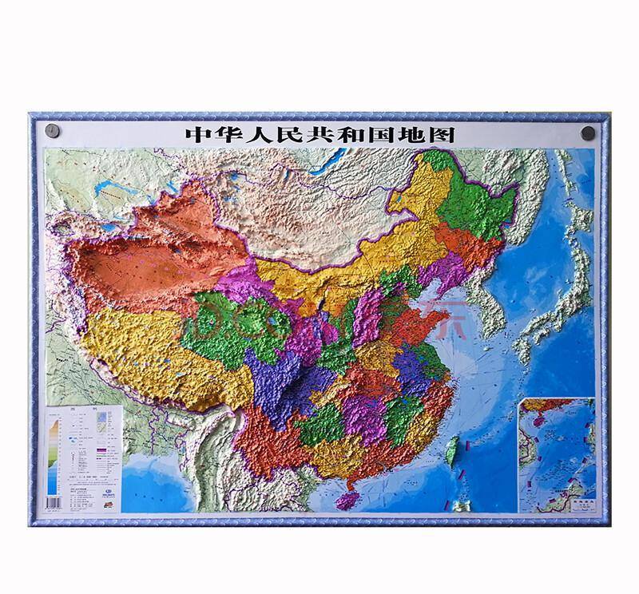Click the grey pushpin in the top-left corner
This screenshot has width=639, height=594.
coord(53,129)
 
